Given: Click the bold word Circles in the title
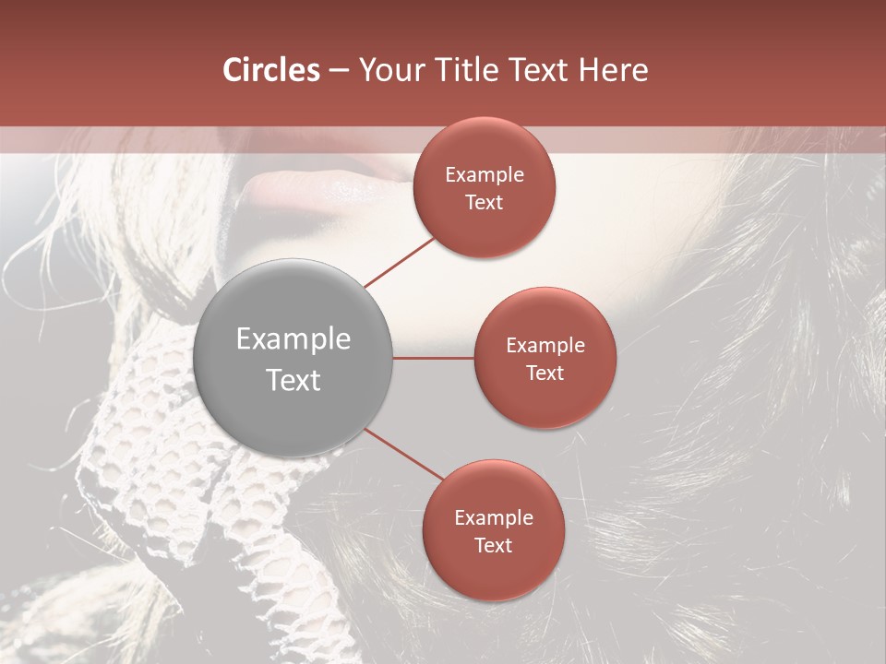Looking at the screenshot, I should (x=271, y=70).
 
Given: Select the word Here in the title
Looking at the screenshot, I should (x=613, y=70).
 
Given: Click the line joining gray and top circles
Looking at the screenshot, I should (x=399, y=261).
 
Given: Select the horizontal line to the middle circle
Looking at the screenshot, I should (x=433, y=358).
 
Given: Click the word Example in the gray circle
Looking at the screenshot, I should (x=293, y=339).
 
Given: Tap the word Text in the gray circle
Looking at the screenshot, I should (x=293, y=380).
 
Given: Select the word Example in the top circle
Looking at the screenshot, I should (x=485, y=175).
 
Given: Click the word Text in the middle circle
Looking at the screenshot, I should (x=545, y=373).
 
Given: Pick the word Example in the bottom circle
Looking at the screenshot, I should (x=494, y=518).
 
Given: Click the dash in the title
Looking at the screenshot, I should (x=338, y=71).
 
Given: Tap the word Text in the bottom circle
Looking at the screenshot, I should (x=494, y=546).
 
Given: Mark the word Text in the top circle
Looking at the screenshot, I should (x=485, y=203).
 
